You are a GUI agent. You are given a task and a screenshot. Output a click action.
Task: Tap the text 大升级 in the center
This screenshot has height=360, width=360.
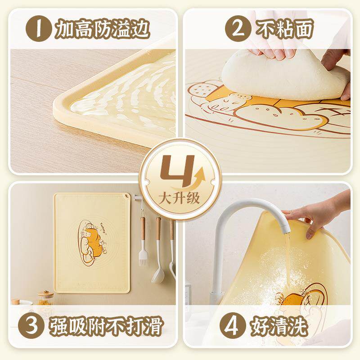click(180, 198)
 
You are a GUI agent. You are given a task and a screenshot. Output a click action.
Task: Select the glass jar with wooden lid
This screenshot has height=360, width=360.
click(45, 299)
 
